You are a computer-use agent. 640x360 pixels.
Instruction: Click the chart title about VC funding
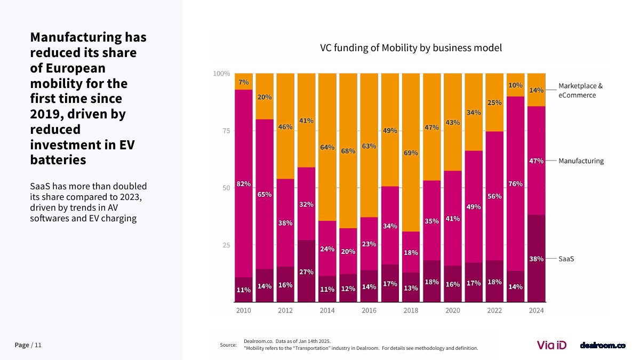pyautogui.click(x=411, y=48)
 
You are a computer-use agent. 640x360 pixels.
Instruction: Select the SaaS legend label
pyautogui.click(x=566, y=259)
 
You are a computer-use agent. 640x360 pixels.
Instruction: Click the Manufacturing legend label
pyautogui.click(x=581, y=161)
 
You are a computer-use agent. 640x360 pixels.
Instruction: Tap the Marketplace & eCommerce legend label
pyautogui.click(x=580, y=90)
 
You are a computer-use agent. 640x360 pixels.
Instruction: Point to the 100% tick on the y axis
pyautogui.click(x=221, y=74)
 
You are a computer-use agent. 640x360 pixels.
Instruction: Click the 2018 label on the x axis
pyautogui.click(x=411, y=310)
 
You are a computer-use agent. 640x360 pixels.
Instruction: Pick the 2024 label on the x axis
pyautogui.click(x=536, y=310)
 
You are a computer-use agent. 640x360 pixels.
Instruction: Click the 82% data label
pyautogui.click(x=244, y=184)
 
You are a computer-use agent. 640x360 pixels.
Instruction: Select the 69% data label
pyautogui.click(x=411, y=153)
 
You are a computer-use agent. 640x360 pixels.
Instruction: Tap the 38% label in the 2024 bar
pyautogui.click(x=536, y=259)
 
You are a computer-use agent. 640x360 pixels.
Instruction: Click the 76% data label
pyautogui.click(x=515, y=184)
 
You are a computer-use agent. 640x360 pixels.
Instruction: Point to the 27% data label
pyautogui.click(x=306, y=272)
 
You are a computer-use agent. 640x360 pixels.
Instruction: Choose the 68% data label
pyautogui.click(x=348, y=151)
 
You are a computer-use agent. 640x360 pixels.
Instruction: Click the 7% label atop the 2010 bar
pyautogui.click(x=244, y=82)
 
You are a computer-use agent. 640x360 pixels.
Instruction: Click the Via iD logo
pyautogui.click(x=551, y=345)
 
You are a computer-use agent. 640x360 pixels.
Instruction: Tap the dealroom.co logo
pyautogui.click(x=602, y=346)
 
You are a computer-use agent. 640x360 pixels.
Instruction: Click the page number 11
pyautogui.click(x=38, y=345)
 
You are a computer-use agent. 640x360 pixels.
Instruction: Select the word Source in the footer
pyautogui.click(x=228, y=345)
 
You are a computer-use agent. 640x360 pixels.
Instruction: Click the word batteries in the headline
pyautogui.click(x=58, y=159)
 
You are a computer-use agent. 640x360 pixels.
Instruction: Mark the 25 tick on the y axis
pyautogui.click(x=226, y=245)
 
